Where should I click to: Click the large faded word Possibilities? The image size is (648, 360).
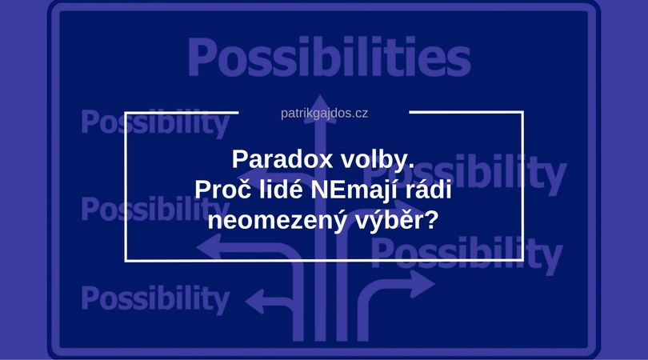330,57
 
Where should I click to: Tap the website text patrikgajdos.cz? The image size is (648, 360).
324,114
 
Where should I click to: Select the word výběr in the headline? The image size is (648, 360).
389,221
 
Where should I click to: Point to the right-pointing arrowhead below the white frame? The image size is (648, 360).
422,284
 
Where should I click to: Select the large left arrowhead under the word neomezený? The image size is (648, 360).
209,247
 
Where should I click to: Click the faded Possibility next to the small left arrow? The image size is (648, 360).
155,298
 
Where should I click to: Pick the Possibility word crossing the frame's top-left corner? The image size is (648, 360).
155,122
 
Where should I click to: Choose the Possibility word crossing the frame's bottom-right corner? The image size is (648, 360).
467,253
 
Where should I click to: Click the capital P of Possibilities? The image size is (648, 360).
202,57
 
